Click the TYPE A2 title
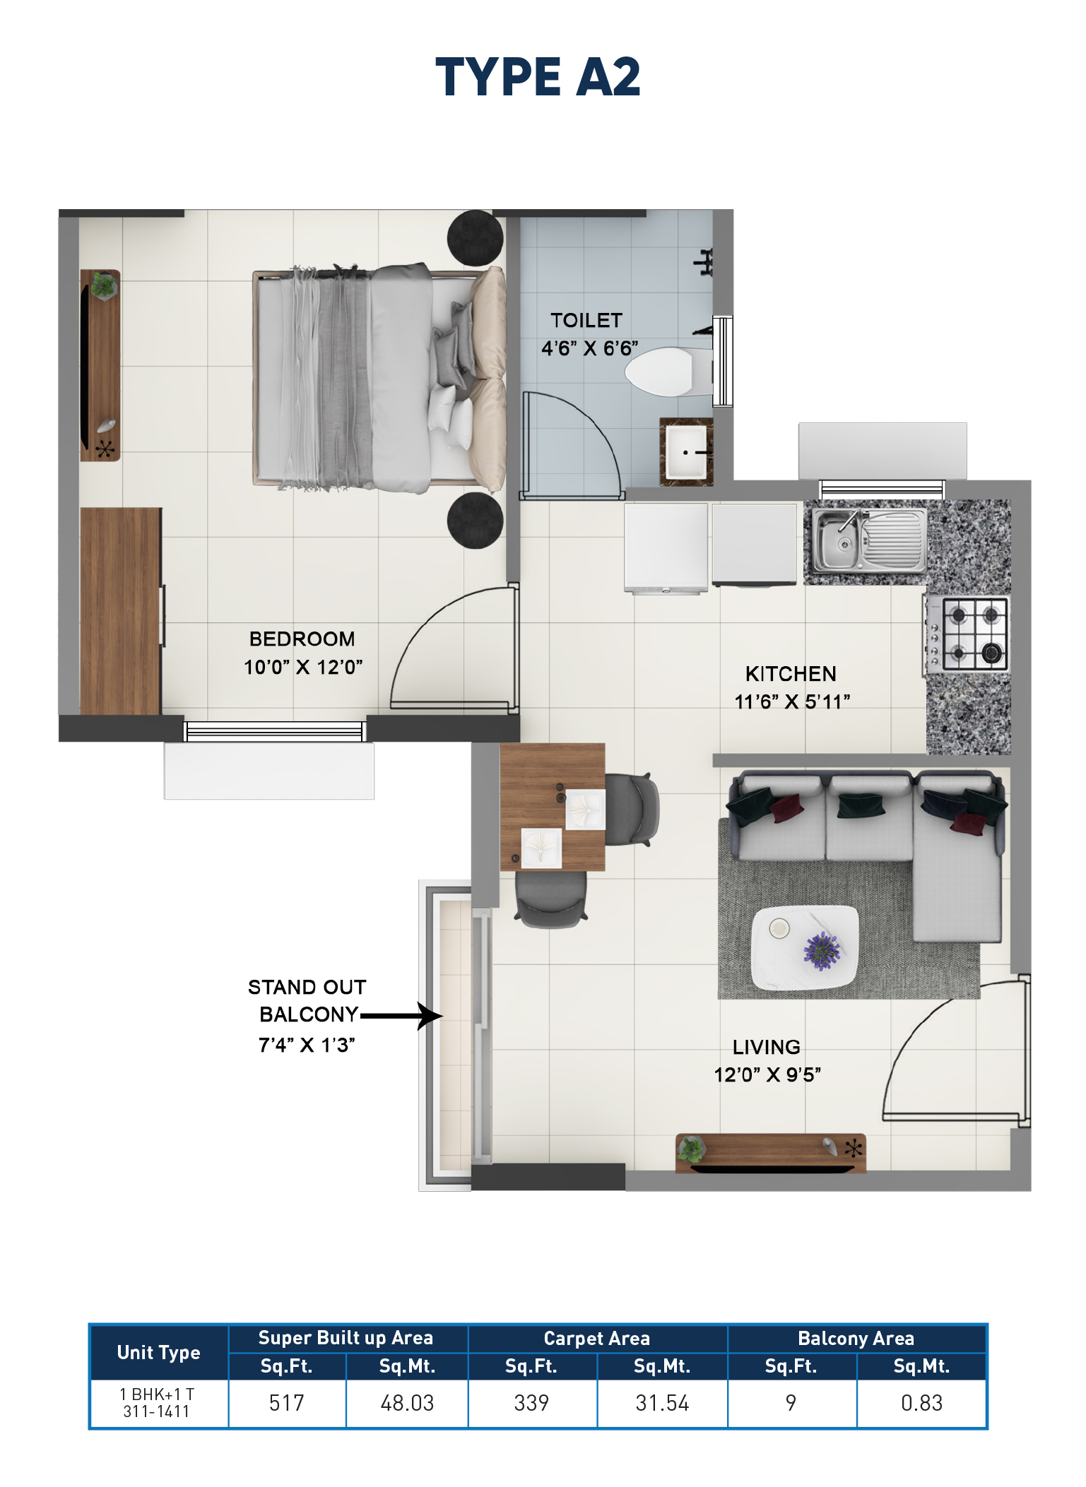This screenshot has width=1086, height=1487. click(538, 77)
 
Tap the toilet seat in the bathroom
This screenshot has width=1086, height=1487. click(661, 372)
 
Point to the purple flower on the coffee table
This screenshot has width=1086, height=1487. click(821, 949)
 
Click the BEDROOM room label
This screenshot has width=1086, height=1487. click(302, 639)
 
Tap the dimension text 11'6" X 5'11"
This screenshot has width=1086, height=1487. click(792, 702)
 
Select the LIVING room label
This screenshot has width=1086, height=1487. click(767, 1047)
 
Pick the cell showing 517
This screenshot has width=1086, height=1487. click(287, 1403)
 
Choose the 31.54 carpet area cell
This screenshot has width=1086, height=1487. click(662, 1403)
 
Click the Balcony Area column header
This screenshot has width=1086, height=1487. click(856, 1339)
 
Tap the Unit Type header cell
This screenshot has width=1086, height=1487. click(159, 1353)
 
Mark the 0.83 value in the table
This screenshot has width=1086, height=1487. click(921, 1403)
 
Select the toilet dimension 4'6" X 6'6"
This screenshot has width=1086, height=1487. click(589, 348)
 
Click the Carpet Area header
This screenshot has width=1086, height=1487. click(597, 1339)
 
